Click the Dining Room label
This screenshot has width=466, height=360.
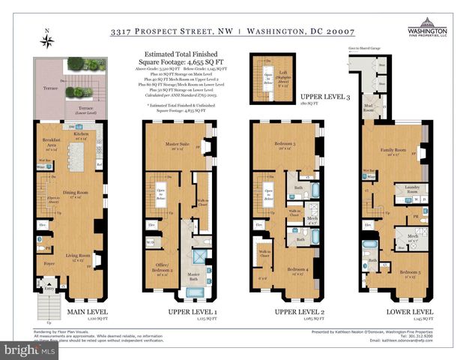coord(74,193)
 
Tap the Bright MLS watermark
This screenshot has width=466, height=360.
coord(29,350)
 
